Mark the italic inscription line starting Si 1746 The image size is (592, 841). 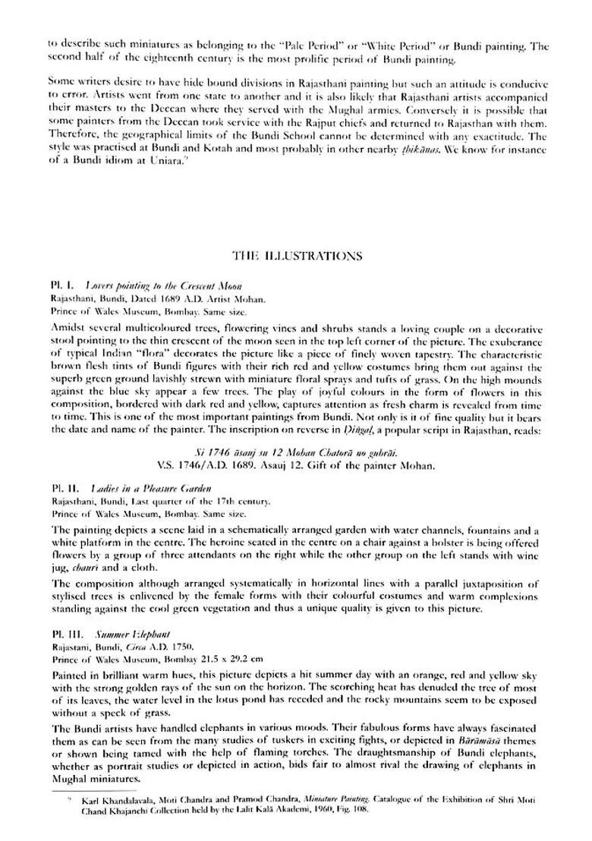point(295,452)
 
